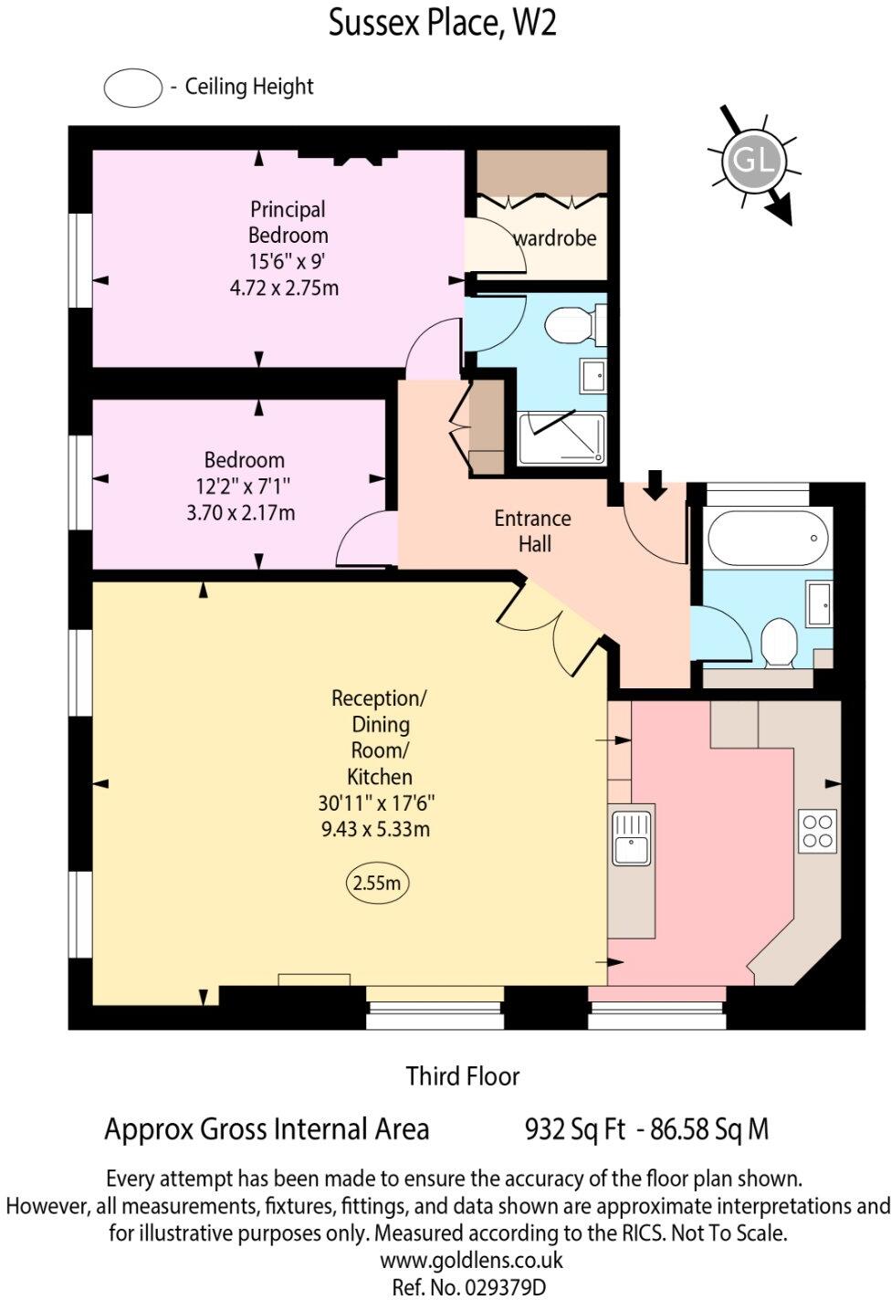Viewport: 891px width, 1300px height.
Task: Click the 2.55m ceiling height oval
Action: tap(377, 884)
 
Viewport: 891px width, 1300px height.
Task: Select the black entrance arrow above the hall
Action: tap(655, 485)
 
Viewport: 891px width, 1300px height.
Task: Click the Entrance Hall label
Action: tap(533, 530)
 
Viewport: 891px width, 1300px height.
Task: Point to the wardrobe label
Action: tap(555, 238)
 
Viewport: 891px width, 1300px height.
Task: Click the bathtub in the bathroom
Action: tap(768, 538)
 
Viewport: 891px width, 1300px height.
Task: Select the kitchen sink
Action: tap(631, 836)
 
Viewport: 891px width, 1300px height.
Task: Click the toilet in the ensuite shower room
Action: tap(571, 323)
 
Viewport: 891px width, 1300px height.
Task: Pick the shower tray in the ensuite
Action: tap(561, 437)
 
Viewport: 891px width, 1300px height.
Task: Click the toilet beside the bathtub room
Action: tap(779, 641)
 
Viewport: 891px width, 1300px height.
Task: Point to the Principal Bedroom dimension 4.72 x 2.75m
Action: tap(285, 288)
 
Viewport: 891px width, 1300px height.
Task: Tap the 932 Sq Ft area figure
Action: tap(575, 1129)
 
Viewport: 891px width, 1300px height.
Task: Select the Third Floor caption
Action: tap(463, 1076)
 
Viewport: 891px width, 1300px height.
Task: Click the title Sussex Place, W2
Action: tap(443, 23)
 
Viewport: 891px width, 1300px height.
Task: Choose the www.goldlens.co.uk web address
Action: tap(471, 1261)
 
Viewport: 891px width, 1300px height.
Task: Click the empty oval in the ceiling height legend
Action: tap(133, 88)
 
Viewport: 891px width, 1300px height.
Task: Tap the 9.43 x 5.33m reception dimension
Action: tap(374, 829)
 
